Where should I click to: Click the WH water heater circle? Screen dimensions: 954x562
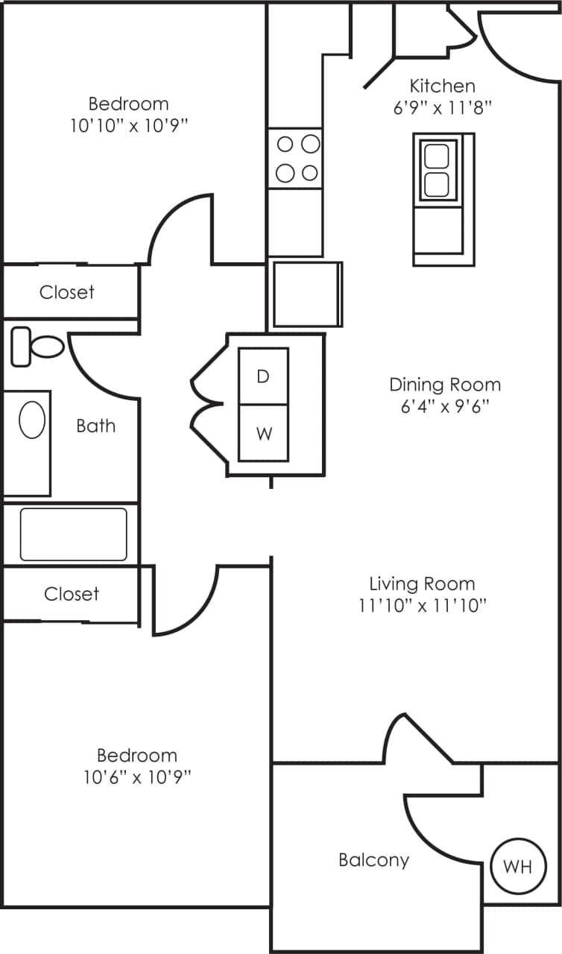click(518, 867)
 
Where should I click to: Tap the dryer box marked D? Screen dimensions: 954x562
click(263, 376)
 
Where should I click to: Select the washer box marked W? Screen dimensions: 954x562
click(263, 433)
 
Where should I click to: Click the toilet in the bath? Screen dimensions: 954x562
click(38, 346)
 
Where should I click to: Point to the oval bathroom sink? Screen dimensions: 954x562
click(31, 421)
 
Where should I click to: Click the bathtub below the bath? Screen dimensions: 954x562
click(73, 534)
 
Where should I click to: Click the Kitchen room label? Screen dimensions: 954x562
click(442, 86)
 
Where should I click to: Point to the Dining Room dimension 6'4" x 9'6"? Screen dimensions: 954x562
click(445, 407)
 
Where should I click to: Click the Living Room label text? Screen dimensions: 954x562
click(422, 584)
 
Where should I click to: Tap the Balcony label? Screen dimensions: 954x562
click(373, 860)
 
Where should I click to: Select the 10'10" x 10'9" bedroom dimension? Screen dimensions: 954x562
click(128, 125)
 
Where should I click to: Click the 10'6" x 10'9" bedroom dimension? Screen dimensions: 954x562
click(137, 777)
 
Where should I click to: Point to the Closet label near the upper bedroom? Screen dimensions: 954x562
click(67, 292)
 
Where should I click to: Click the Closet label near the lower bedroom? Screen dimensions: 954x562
click(71, 594)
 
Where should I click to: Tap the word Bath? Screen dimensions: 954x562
click(95, 426)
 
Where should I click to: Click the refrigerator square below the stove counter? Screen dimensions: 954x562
click(307, 294)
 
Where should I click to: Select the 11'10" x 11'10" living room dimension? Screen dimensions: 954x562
click(422, 605)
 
